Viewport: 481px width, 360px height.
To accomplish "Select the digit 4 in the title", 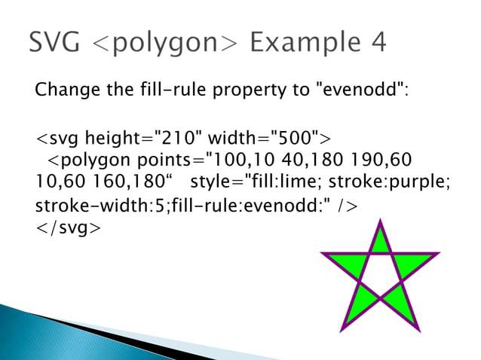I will [x=376, y=43].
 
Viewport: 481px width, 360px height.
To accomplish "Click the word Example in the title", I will [x=302, y=43].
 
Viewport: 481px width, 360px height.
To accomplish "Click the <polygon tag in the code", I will [x=90, y=161].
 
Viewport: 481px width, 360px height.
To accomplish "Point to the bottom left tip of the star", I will [x=342, y=328].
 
